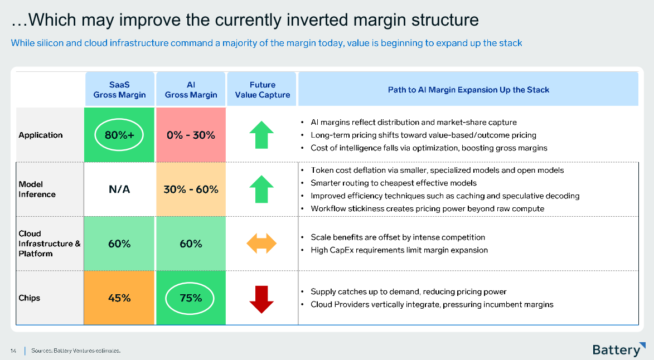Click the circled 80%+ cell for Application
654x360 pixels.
pos(119,135)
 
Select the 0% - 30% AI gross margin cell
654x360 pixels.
pos(191,135)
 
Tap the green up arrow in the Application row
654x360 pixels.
pos(261,135)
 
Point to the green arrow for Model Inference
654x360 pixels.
pos(261,189)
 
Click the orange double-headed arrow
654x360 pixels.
pos(261,244)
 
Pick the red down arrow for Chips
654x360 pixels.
pos(261,300)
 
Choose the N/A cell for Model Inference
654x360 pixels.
pos(119,189)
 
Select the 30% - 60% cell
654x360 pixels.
pos(191,189)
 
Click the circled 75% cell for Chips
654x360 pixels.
pos(191,298)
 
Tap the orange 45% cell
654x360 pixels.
pos(119,298)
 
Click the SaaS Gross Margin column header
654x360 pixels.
pos(120,90)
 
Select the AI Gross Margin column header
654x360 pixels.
pos(191,90)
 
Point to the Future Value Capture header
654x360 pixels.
pos(263,90)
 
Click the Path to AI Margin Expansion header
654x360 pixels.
pos(468,90)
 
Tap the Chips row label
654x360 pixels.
pos(29,298)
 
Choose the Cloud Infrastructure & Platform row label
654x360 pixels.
pos(49,244)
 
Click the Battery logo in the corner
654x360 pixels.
pos(619,349)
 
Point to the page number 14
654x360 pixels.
pos(13,351)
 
